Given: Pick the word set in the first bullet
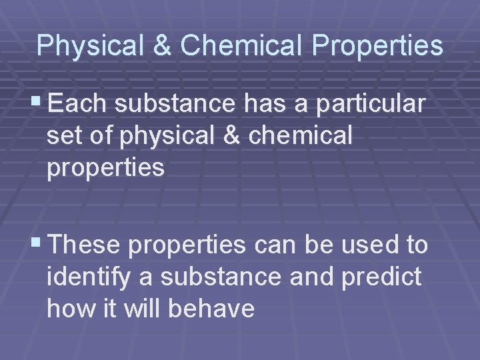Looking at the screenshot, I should pos(62,136).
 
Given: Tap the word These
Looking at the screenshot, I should pos(85,245).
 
